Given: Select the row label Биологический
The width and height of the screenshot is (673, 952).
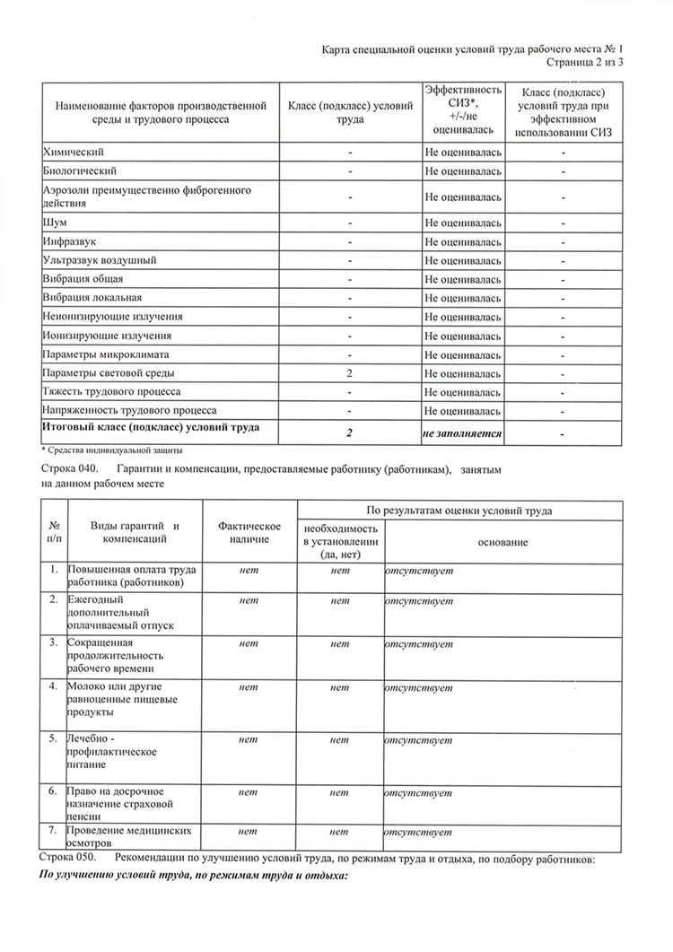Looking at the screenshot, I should point(80,170).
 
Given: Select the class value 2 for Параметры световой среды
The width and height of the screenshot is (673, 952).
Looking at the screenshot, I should point(349,373).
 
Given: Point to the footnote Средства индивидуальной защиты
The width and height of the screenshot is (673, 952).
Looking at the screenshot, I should point(116,449).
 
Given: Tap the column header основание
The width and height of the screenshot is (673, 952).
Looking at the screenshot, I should point(503,543).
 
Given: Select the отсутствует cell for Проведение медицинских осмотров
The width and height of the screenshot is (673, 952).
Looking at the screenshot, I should point(418,832).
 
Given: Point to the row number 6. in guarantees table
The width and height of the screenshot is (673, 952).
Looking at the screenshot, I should point(54,792).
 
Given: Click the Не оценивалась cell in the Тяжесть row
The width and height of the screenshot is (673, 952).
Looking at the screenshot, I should point(463,392).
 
